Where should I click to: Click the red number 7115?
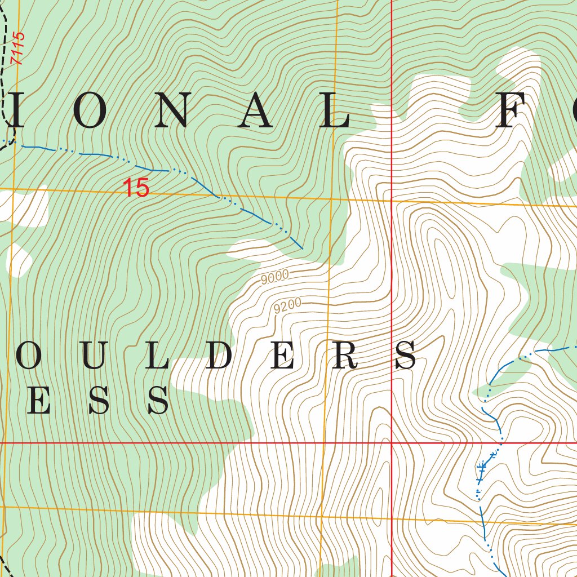pyautogui.click(x=19, y=48)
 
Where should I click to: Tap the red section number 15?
pyautogui.click(x=136, y=188)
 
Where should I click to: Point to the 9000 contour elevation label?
pyautogui.click(x=275, y=276)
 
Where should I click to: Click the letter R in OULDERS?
pyautogui.click(x=344, y=356)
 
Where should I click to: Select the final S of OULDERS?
pyautogui.click(x=406, y=356)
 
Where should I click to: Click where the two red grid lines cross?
pyautogui.click(x=392, y=443)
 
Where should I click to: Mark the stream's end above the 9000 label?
pyautogui.click(x=303, y=248)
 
